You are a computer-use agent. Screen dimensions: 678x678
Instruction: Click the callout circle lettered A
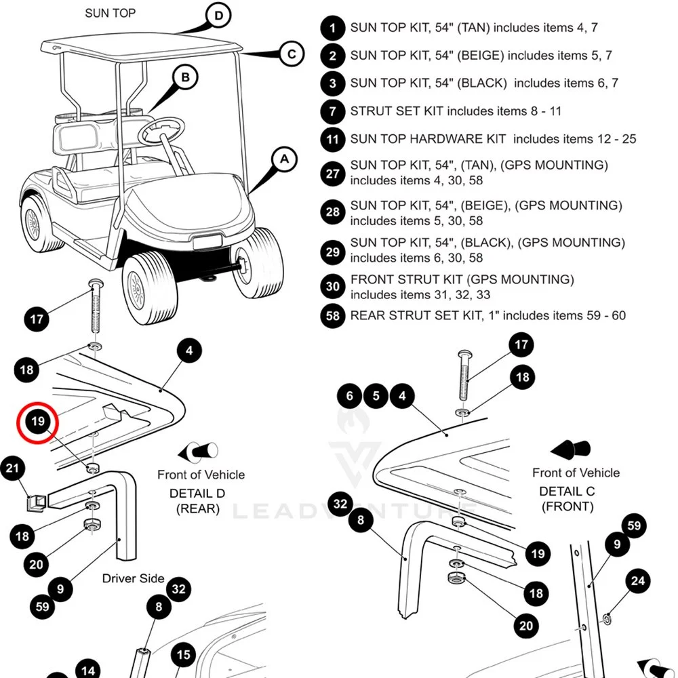(284, 159)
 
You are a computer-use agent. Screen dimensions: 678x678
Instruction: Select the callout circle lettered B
(186, 77)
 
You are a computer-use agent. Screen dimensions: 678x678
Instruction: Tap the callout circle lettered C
(292, 54)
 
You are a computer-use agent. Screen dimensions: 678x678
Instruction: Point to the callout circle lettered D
(218, 16)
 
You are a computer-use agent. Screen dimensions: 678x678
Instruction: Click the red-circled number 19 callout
(38, 422)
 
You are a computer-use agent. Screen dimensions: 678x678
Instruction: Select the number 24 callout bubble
(637, 581)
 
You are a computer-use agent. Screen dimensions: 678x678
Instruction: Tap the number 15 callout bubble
(184, 656)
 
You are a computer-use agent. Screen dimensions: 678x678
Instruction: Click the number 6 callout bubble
(350, 396)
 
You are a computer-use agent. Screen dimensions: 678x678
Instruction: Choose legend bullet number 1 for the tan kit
(333, 28)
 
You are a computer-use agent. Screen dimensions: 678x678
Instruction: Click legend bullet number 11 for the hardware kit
(333, 140)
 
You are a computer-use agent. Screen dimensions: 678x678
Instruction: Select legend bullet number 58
(333, 316)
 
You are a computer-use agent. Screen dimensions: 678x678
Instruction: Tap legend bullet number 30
(333, 287)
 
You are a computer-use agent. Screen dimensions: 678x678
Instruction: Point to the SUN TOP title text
(111, 13)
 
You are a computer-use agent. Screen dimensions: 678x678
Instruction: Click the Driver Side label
(134, 578)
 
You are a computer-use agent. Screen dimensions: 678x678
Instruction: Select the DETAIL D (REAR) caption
(197, 501)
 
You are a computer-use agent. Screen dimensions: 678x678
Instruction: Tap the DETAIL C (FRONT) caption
(567, 498)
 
